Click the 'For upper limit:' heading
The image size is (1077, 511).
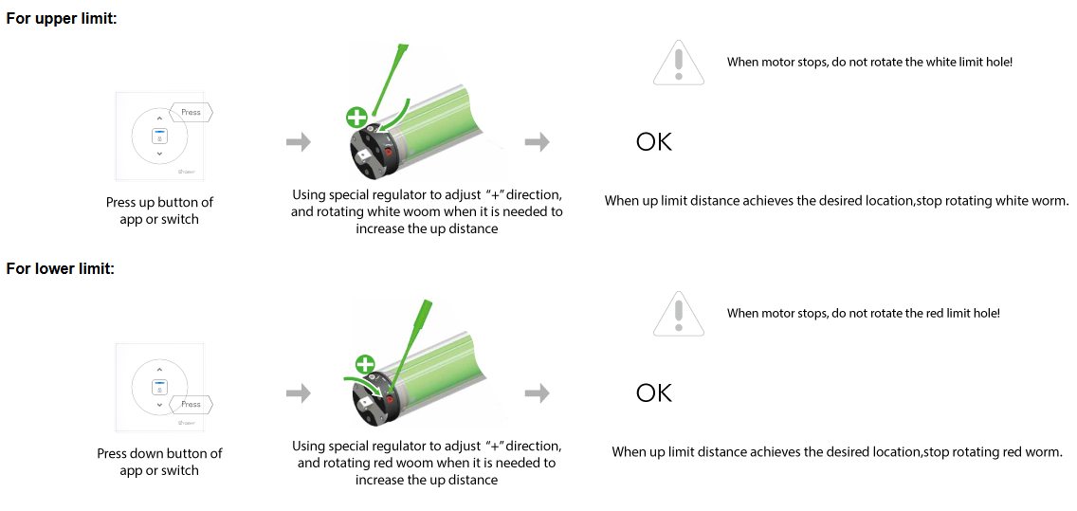click(62, 19)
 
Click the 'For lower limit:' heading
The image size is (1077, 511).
click(61, 268)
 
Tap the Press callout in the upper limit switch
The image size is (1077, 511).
click(191, 112)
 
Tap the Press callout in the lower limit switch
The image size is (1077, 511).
click(191, 404)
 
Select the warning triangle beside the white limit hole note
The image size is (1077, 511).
click(679, 62)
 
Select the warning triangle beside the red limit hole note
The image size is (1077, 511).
click(679, 313)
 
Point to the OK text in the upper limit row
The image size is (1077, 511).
click(654, 142)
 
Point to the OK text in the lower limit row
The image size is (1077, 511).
click(654, 392)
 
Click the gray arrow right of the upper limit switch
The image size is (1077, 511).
click(298, 143)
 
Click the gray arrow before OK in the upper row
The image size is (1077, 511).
click(537, 143)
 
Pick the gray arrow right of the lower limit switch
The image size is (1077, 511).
click(298, 393)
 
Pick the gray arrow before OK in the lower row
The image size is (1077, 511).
click(537, 393)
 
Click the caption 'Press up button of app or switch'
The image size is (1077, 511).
click(159, 210)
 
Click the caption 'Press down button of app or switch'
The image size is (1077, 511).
click(159, 462)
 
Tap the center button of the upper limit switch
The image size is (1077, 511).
click(159, 136)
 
